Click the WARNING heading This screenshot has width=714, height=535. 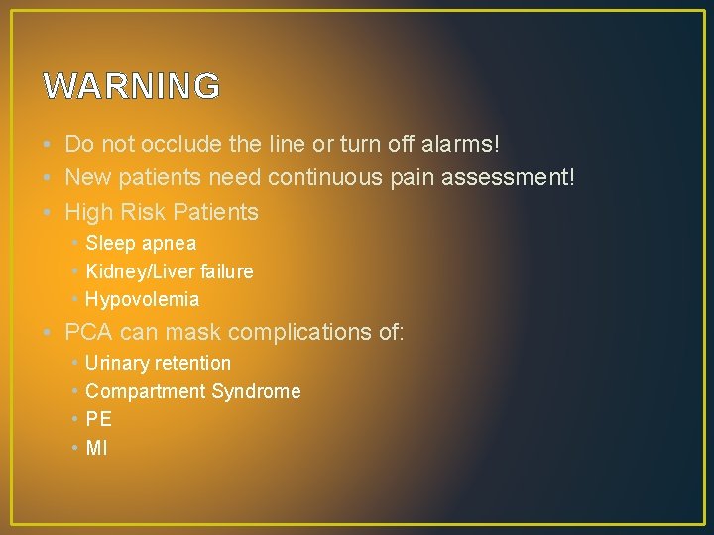click(x=132, y=87)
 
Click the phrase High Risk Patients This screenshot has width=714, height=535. click(x=162, y=212)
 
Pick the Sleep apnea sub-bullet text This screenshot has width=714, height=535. click(x=141, y=243)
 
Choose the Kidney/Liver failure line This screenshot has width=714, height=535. click(x=170, y=271)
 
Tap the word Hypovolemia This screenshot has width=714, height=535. click(x=143, y=299)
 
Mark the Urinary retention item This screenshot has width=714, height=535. click(x=159, y=364)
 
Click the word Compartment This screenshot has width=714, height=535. click(x=146, y=391)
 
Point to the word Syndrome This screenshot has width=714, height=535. click(x=256, y=391)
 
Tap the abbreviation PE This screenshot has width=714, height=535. click(x=99, y=420)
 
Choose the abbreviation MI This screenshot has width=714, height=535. click(x=96, y=448)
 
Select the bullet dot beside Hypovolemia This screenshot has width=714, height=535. click(x=74, y=300)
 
